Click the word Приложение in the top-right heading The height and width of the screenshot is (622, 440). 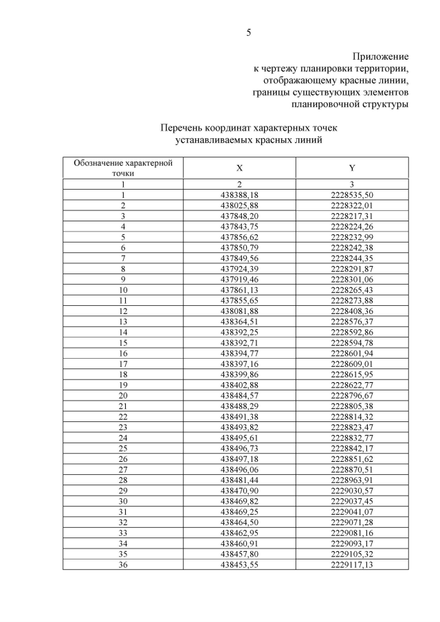pyautogui.click(x=381, y=56)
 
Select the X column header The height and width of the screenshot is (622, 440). pyautogui.click(x=239, y=168)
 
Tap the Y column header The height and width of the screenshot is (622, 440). pyautogui.click(x=351, y=168)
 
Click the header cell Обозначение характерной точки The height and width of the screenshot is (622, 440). pyautogui.click(x=123, y=168)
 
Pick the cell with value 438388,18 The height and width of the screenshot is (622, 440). pyautogui.click(x=239, y=195)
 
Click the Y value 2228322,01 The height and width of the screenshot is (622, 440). pyautogui.click(x=351, y=206)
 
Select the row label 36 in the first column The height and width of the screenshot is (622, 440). pyautogui.click(x=123, y=564)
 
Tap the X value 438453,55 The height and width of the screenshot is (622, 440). pyautogui.click(x=239, y=564)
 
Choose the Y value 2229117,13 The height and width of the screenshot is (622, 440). pyautogui.click(x=351, y=564)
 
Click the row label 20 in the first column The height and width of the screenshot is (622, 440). pyautogui.click(x=123, y=395)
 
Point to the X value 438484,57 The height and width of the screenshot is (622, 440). pyautogui.click(x=239, y=395)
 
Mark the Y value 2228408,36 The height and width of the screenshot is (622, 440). pyautogui.click(x=351, y=311)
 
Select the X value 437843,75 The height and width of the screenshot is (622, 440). pyautogui.click(x=239, y=227)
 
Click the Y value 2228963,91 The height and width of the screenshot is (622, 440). pyautogui.click(x=351, y=480)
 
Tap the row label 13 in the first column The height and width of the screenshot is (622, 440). pyautogui.click(x=123, y=322)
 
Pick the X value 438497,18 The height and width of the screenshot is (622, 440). pyautogui.click(x=239, y=458)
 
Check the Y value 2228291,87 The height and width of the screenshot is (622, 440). pyautogui.click(x=351, y=269)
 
